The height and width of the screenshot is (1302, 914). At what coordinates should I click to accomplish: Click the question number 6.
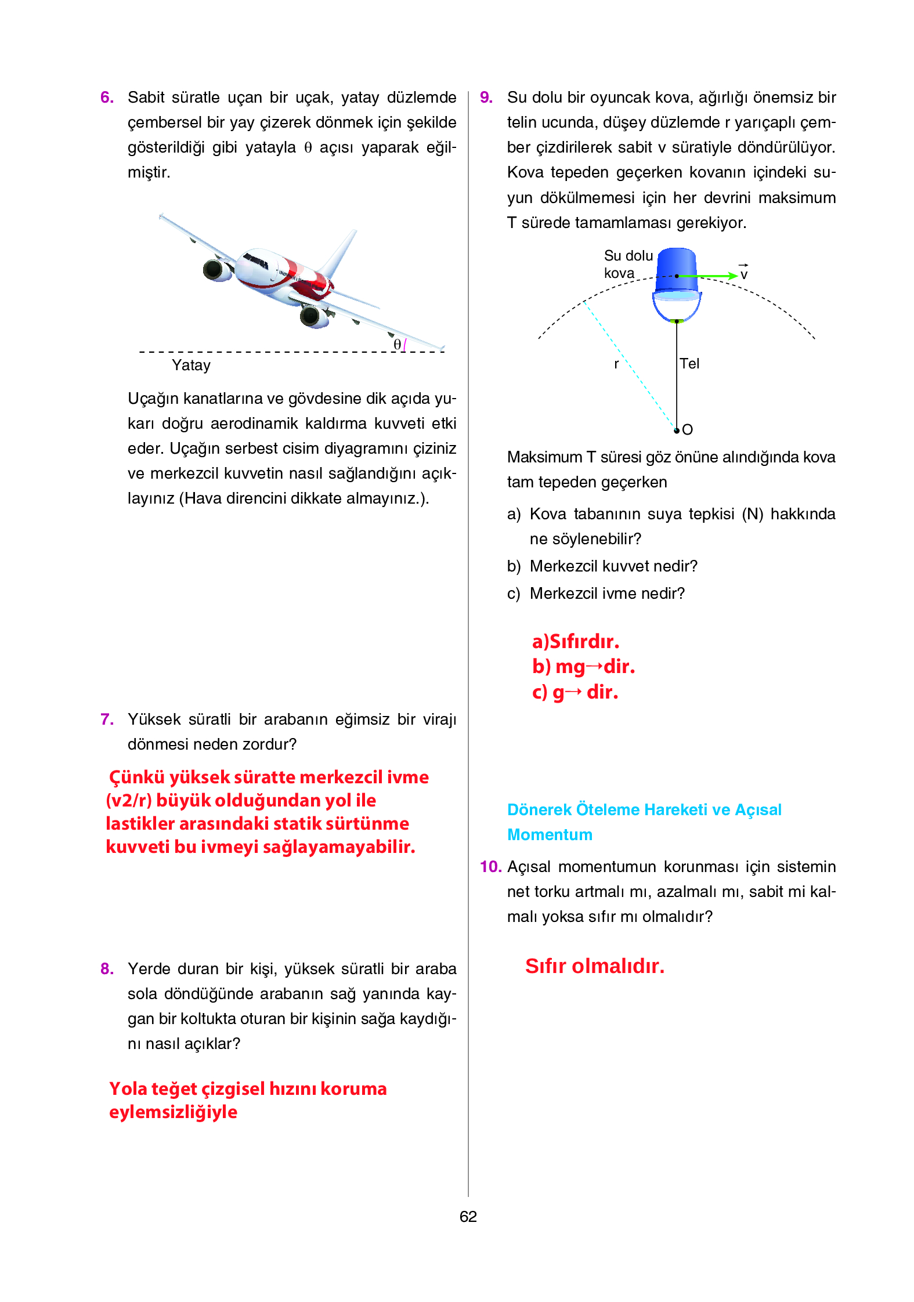click(x=107, y=97)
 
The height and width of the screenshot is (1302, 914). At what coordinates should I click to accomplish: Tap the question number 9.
click(x=486, y=97)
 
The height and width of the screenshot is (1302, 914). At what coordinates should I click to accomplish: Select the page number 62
click(x=468, y=1216)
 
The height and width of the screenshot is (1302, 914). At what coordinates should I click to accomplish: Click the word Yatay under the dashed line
click(x=191, y=365)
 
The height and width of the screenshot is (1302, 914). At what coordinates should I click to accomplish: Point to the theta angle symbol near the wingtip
click(x=398, y=344)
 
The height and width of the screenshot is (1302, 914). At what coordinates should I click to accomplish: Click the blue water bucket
click(x=676, y=273)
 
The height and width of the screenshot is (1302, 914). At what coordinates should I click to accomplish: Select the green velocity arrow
click(x=708, y=276)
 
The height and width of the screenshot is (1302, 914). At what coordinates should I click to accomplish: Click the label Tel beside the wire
click(x=689, y=364)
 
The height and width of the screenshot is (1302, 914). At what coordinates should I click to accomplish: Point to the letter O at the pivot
click(x=688, y=430)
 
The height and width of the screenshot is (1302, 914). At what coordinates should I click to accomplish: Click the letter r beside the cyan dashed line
click(x=616, y=364)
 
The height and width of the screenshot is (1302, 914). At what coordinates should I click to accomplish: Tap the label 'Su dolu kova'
click(x=628, y=264)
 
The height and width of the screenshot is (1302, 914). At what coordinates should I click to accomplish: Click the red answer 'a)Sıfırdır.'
click(x=575, y=641)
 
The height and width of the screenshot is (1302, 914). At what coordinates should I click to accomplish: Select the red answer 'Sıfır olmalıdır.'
click(x=594, y=966)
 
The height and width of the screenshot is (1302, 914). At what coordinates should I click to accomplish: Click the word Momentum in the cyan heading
click(x=550, y=834)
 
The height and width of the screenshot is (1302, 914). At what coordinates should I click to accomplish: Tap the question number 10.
click(x=490, y=866)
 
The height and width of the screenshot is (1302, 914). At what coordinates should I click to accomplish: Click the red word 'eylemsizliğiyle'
click(x=173, y=1112)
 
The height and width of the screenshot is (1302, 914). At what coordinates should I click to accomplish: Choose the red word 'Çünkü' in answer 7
click(x=136, y=777)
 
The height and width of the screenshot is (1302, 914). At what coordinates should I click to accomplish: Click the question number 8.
click(x=107, y=968)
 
